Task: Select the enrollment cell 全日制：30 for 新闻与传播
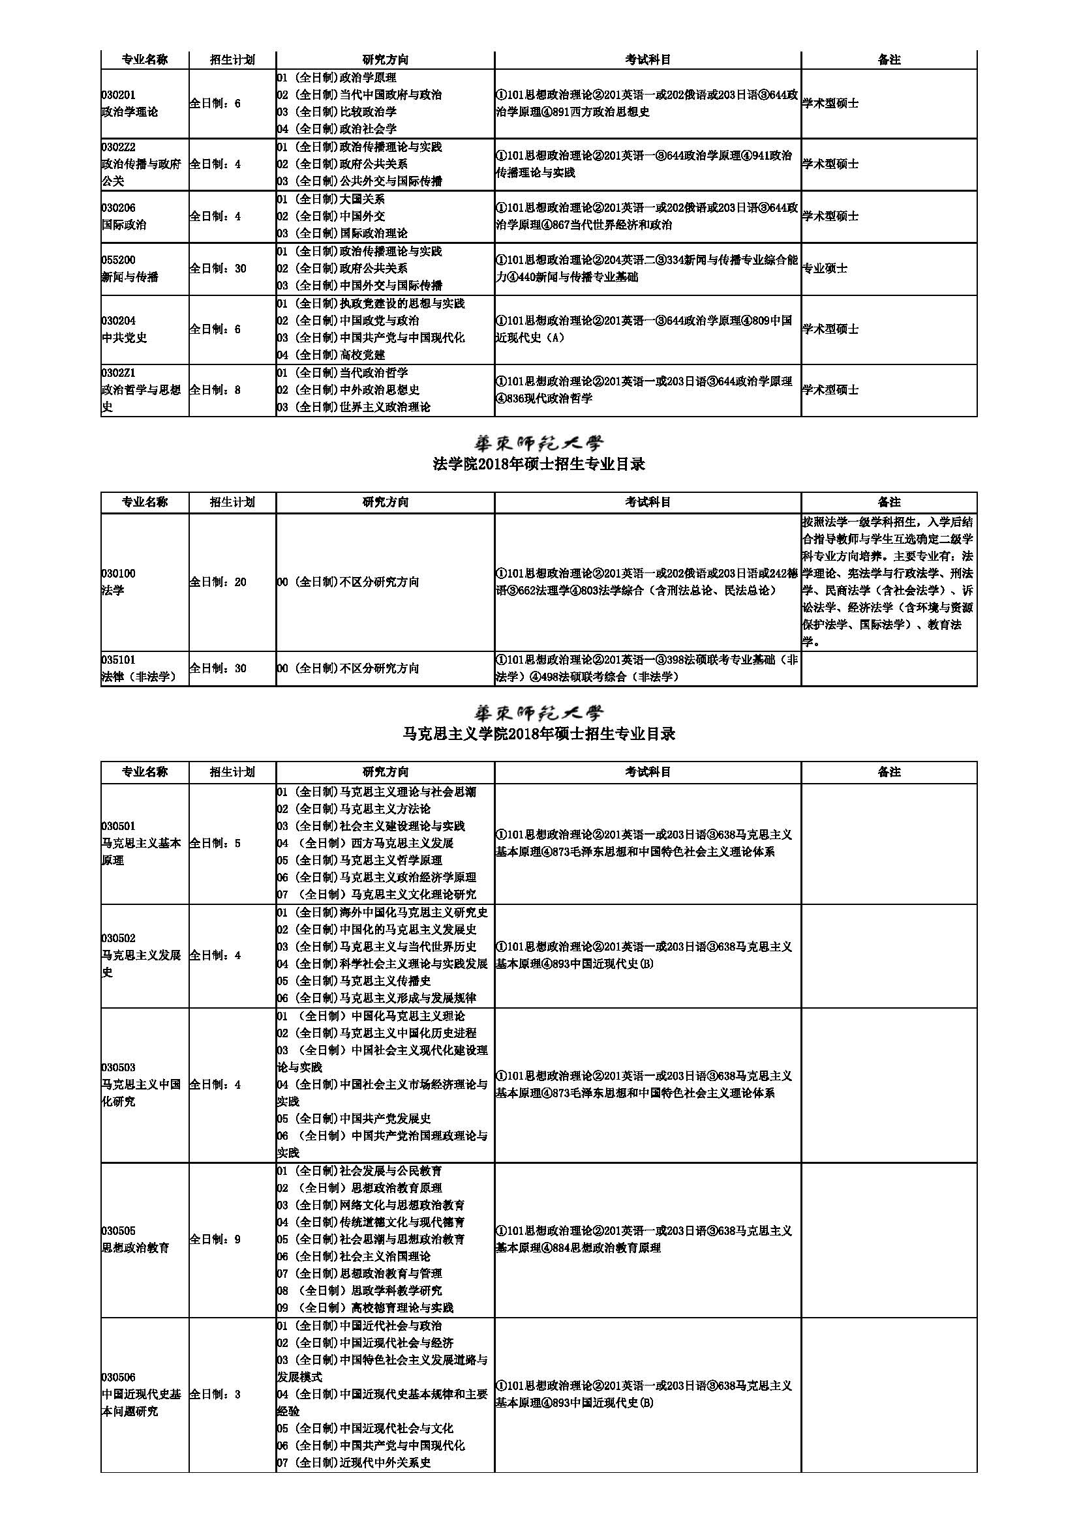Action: (218, 269)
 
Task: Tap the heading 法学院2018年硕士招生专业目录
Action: (539, 465)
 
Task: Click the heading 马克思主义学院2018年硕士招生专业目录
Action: (539, 735)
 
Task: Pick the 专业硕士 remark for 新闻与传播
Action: (825, 269)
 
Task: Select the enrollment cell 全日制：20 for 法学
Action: (218, 582)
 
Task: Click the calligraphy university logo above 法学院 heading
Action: (539, 442)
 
